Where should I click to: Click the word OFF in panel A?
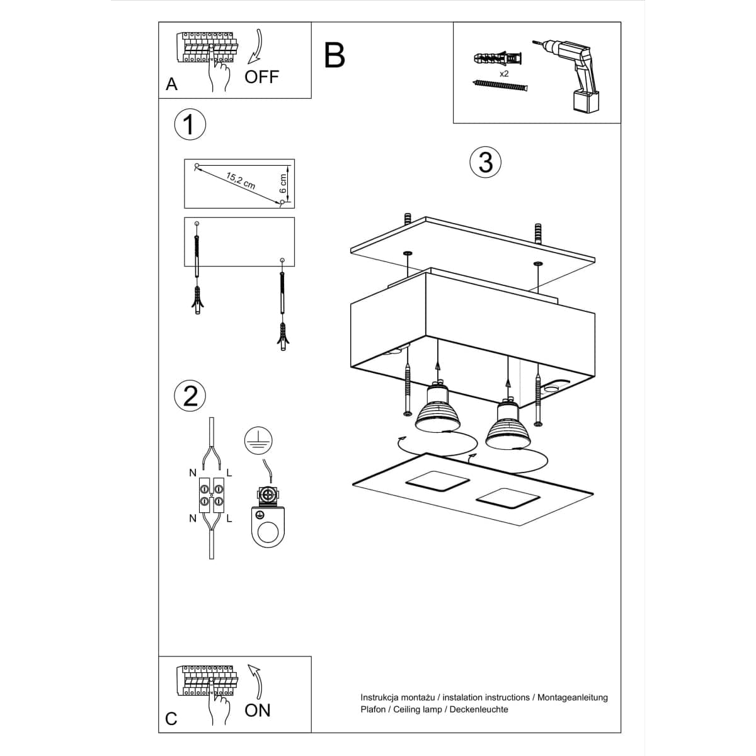261,77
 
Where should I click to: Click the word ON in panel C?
257,711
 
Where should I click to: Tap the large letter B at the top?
335,55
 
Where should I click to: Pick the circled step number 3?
485,162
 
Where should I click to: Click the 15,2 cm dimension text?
241,180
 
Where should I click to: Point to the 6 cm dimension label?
283,183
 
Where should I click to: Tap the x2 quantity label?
504,74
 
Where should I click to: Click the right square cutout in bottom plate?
508,498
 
